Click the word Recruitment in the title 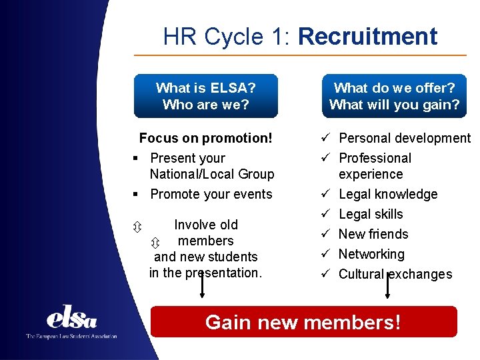pos(368,36)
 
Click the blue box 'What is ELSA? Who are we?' pos(205,96)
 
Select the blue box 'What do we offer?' pos(394,96)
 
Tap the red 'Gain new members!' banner pos(303,322)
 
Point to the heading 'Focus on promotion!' pos(205,138)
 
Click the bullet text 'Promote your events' pos(211,194)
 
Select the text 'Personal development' pos(405,138)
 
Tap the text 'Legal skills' pos(371,214)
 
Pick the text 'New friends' pos(373,234)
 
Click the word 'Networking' pos(371,254)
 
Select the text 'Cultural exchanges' pos(395,274)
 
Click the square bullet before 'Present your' pos(135,158)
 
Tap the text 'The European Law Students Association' pos(71,337)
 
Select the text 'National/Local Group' pos(211,174)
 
